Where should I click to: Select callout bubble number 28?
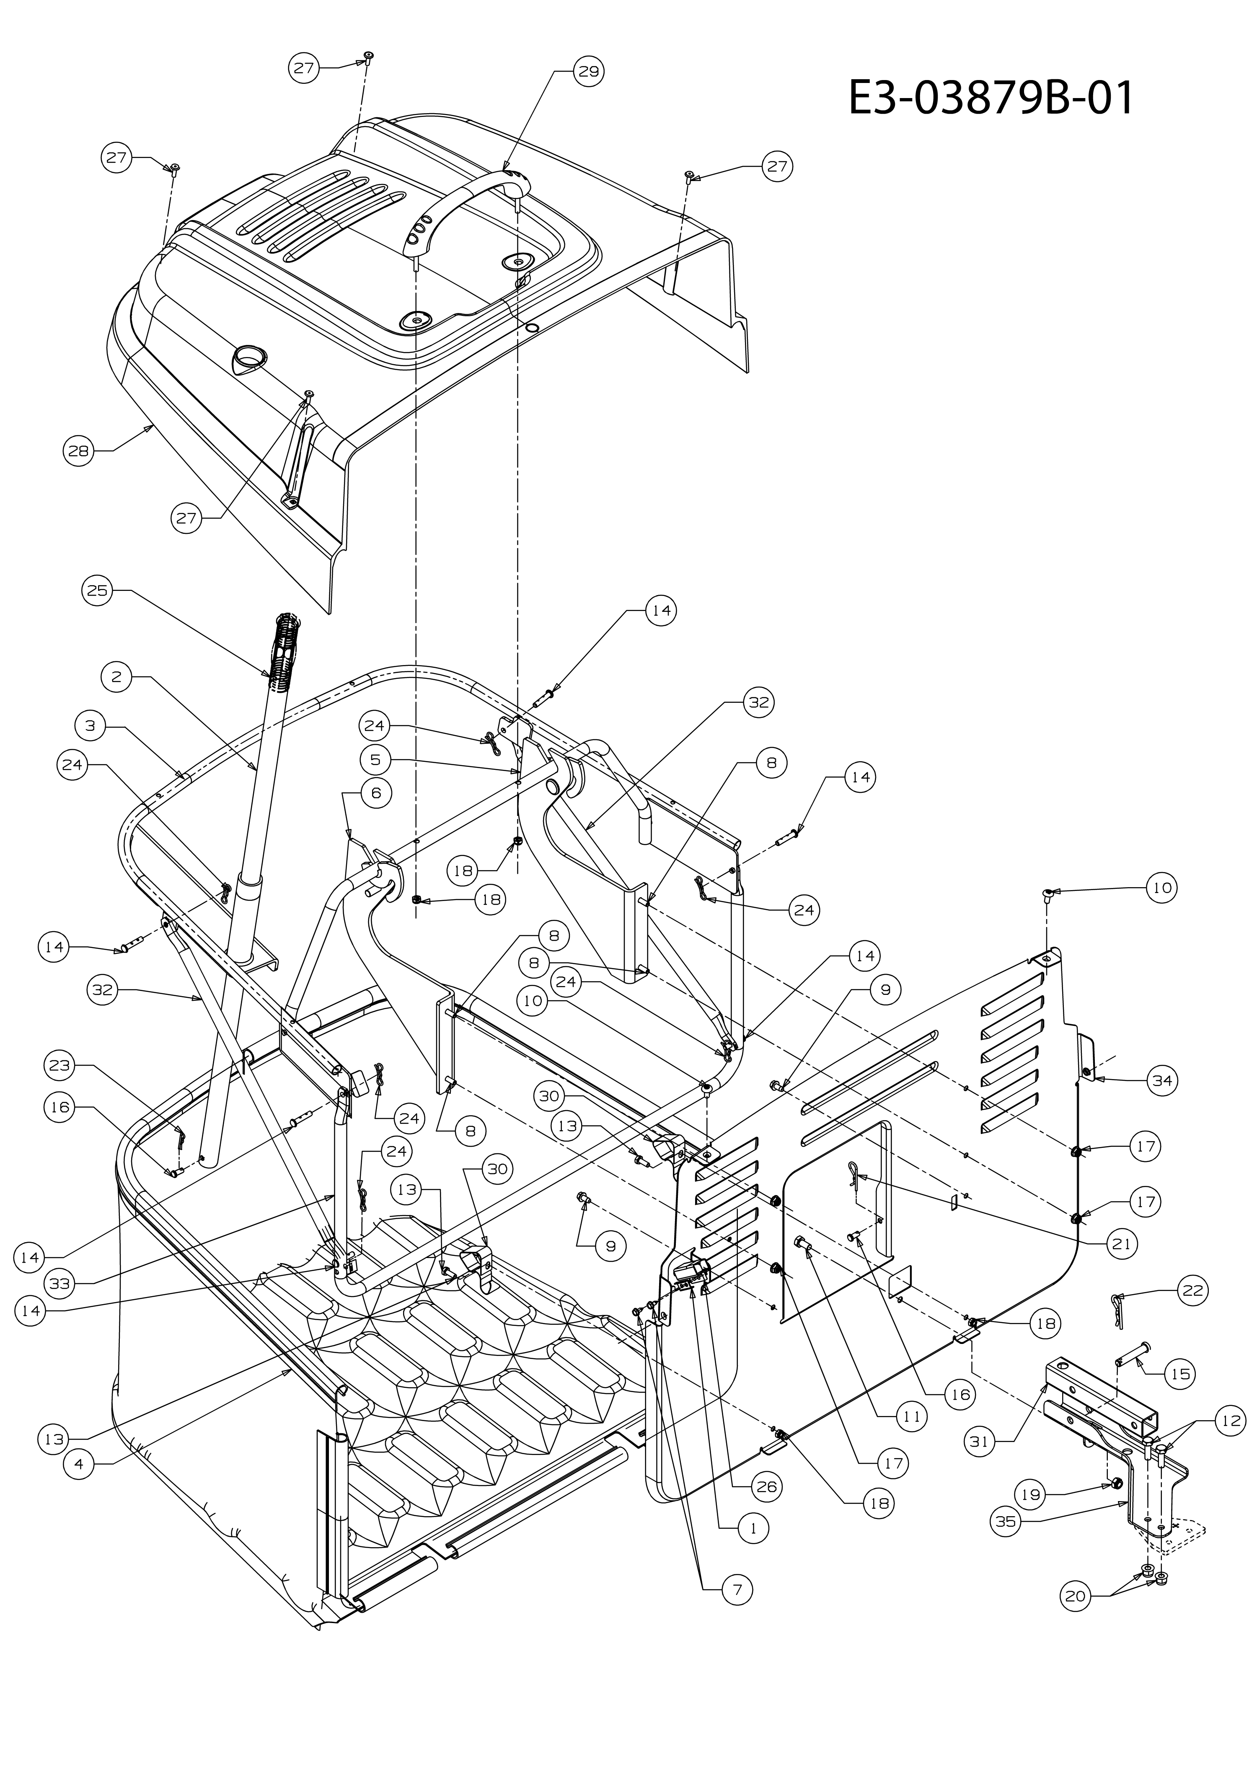click(x=78, y=450)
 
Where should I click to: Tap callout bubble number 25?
click(x=98, y=591)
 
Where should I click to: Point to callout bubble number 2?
click(x=116, y=677)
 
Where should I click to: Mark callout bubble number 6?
click(x=376, y=793)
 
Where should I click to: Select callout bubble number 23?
click(x=59, y=1065)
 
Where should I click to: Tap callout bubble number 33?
click(x=59, y=1284)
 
